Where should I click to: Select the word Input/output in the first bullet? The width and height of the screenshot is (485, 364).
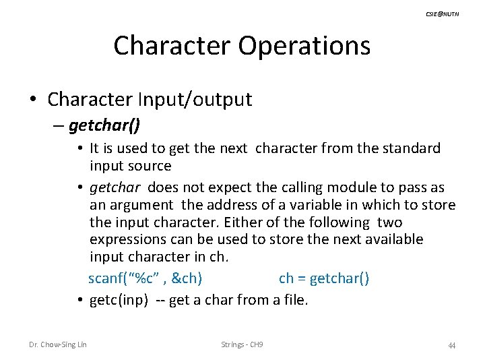[195, 100]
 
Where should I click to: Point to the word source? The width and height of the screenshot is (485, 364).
[150, 166]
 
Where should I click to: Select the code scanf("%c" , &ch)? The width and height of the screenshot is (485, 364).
[145, 278]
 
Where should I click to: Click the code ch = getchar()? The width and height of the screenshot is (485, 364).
[323, 278]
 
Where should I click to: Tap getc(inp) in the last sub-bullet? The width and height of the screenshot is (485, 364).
[119, 300]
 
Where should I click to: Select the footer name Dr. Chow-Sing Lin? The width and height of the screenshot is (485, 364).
[58, 345]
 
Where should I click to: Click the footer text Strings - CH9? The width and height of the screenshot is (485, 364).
[242, 345]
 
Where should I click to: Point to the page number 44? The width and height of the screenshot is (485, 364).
[452, 346]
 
